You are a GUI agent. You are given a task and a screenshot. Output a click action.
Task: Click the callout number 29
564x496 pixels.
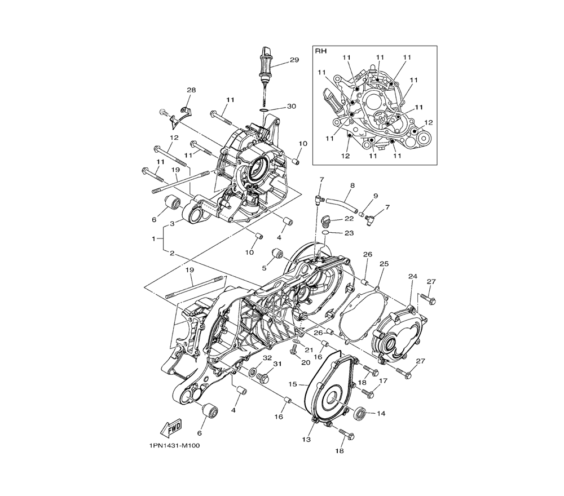[294, 60]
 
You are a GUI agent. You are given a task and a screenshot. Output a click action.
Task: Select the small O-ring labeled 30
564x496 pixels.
[263, 109]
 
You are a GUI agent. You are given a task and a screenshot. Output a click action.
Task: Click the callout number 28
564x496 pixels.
[191, 90]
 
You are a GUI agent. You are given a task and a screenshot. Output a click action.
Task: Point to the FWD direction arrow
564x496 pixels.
[171, 428]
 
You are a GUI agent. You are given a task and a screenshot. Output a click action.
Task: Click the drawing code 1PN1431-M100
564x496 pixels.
[174, 446]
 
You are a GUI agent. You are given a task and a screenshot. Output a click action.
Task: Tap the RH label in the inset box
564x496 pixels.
[321, 51]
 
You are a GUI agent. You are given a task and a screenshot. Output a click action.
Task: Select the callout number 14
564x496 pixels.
[381, 413]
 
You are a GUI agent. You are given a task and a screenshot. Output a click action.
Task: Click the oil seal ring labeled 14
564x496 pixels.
[360, 413]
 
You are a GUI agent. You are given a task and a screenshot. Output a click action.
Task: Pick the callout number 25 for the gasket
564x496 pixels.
[384, 264]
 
